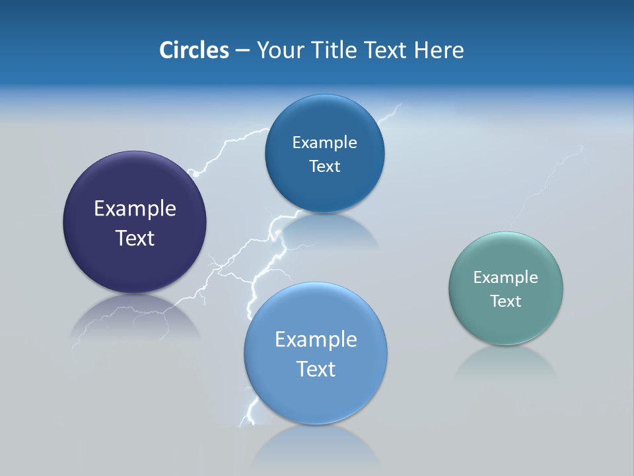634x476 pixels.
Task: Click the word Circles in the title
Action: click(194, 50)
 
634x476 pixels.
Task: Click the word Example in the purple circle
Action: click(135, 209)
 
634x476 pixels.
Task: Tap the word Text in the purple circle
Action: click(135, 238)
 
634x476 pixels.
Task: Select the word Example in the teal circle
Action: click(506, 278)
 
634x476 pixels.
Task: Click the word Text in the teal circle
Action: click(506, 301)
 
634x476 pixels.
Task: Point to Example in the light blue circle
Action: click(316, 340)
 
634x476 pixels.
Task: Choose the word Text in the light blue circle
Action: click(316, 369)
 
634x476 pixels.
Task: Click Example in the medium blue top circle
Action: click(324, 143)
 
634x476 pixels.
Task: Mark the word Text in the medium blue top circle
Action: click(324, 167)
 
